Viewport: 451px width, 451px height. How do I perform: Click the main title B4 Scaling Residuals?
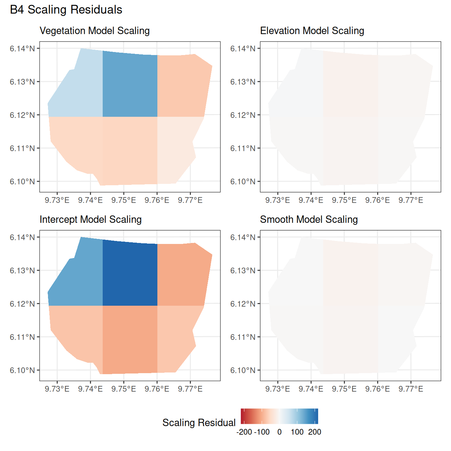point(66,10)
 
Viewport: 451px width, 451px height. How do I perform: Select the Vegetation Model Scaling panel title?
point(95,31)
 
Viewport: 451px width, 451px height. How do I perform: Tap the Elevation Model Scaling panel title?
point(312,31)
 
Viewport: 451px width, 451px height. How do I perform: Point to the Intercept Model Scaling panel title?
point(91,219)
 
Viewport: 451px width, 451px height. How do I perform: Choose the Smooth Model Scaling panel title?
point(309,219)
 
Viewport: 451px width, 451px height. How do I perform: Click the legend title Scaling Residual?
point(199,423)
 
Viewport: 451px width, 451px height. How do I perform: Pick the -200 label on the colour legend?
point(244,432)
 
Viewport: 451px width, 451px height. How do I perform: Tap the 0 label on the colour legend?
point(280,432)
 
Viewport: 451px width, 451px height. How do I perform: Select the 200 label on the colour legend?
point(314,432)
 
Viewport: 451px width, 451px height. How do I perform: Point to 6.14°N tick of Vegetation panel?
point(22,49)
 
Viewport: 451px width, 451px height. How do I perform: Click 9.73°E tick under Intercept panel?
point(57,389)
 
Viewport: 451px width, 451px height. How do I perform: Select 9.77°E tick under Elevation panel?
point(411,200)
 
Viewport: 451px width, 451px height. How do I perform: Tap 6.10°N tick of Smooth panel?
point(243,370)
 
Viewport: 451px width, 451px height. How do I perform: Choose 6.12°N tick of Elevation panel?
point(243,115)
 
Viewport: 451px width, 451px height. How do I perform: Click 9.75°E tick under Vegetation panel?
point(123,200)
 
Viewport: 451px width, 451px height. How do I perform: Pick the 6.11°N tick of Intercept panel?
point(22,337)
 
